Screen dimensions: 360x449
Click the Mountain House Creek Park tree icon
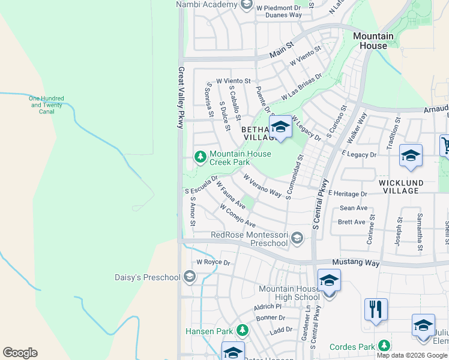pyautogui.click(x=200, y=157)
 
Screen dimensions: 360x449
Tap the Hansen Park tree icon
pyautogui.click(x=243, y=331)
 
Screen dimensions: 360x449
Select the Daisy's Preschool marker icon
pyautogui.click(x=190, y=277)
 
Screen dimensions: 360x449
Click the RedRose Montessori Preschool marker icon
pyautogui.click(x=296, y=239)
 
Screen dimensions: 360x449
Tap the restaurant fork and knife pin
pyautogui.click(x=376, y=310)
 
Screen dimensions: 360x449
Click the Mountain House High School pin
pyautogui.click(x=329, y=282)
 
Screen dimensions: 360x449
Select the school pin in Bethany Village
pyautogui.click(x=280, y=128)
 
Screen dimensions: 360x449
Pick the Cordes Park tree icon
pyautogui.click(x=383, y=346)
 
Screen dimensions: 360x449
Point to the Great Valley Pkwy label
pyautogui.click(x=180, y=97)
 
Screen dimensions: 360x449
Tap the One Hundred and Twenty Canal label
pyautogui.click(x=46, y=105)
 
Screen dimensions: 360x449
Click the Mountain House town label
pyautogui.click(x=373, y=41)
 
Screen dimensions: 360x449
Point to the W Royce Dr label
pyautogui.click(x=213, y=262)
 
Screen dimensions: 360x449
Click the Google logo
pyautogui.click(x=20, y=352)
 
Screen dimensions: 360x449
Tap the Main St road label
pyautogui.click(x=281, y=49)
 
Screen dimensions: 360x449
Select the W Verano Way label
pyautogui.click(x=262, y=185)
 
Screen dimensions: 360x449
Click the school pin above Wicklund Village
pyautogui.click(x=411, y=157)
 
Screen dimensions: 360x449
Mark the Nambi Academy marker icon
pyautogui.click(x=246, y=5)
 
